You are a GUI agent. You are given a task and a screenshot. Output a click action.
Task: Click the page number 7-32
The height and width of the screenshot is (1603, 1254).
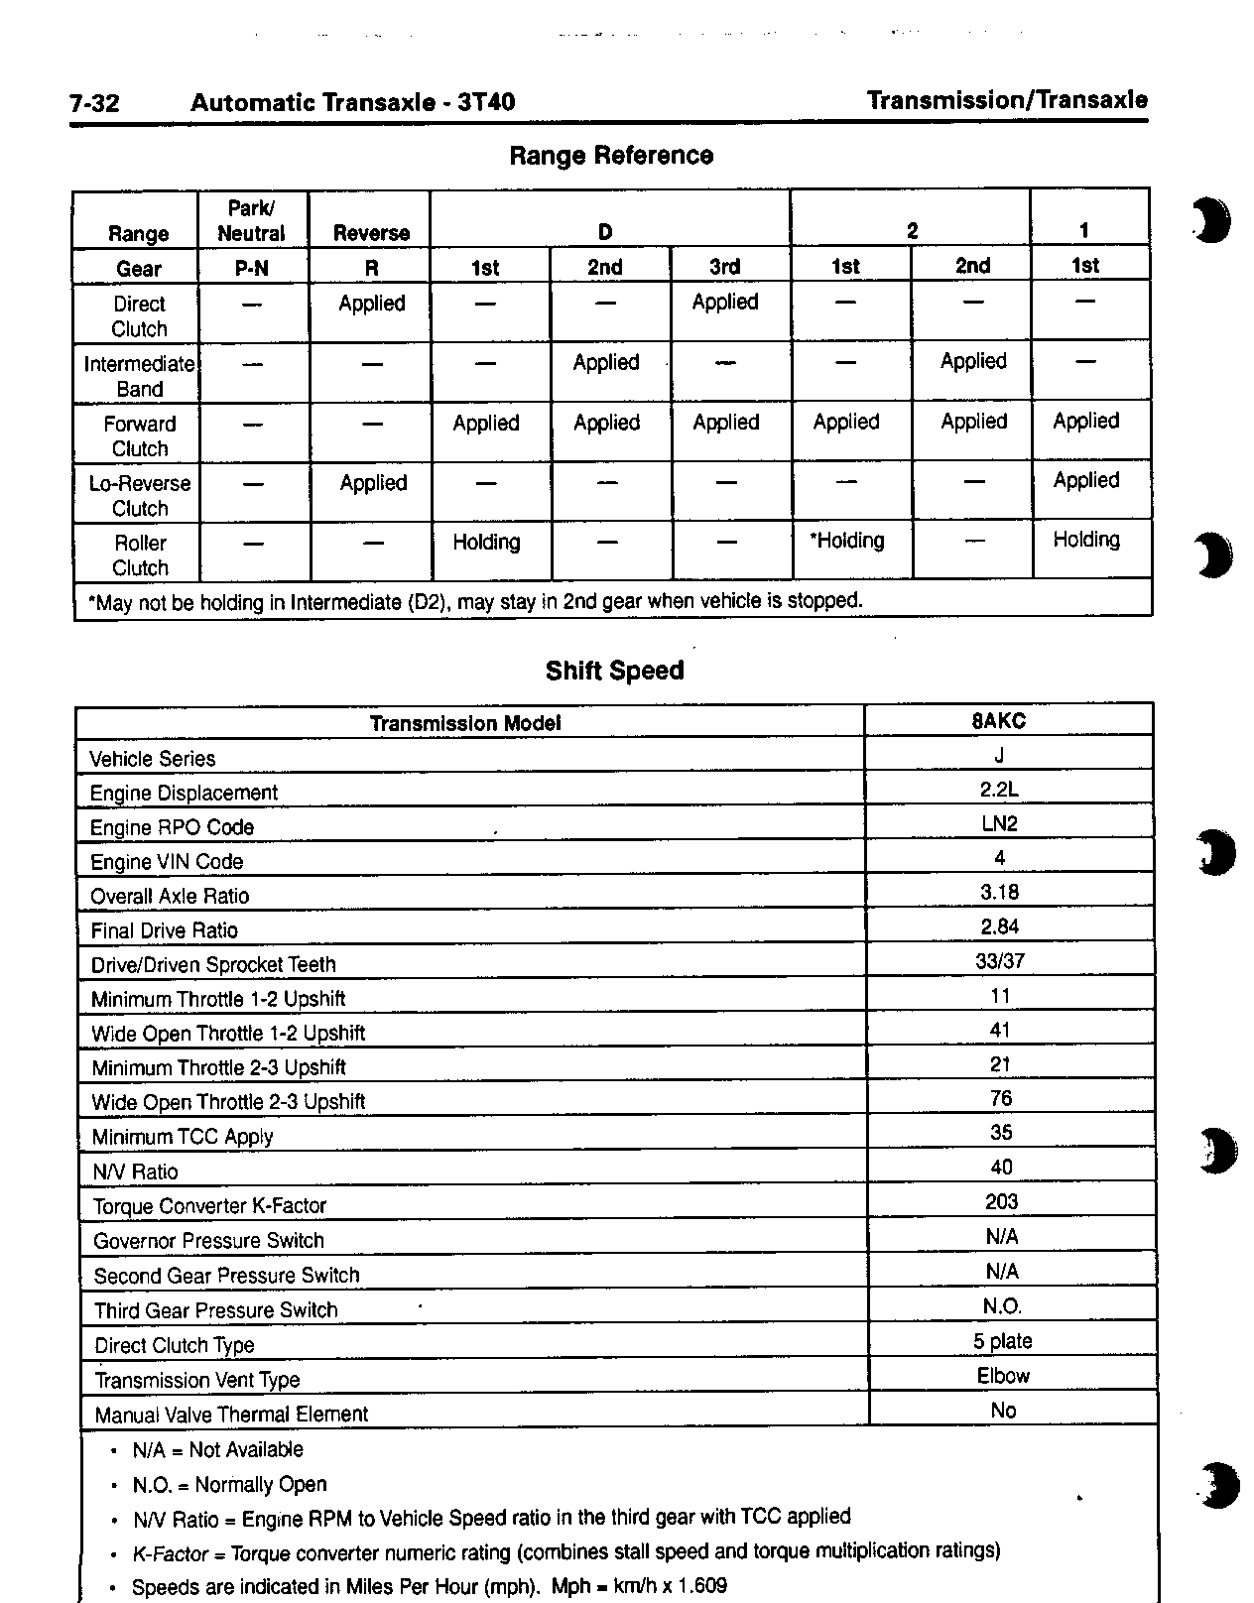pyautogui.click(x=95, y=103)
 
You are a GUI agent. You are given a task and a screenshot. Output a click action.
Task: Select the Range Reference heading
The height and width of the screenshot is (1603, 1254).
pyautogui.click(x=611, y=156)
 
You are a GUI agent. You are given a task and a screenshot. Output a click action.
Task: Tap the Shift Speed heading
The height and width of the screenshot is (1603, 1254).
pyautogui.click(x=614, y=671)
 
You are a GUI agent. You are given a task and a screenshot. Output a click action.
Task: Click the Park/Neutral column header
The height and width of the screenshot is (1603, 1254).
pyautogui.click(x=251, y=221)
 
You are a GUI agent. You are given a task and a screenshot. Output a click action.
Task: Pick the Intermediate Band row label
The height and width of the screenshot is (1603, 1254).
pyautogui.click(x=139, y=376)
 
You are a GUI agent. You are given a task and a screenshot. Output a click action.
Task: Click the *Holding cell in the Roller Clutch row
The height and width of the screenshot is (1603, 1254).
pyautogui.click(x=847, y=541)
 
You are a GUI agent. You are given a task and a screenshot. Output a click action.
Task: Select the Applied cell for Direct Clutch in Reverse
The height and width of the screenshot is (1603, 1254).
pyautogui.click(x=372, y=304)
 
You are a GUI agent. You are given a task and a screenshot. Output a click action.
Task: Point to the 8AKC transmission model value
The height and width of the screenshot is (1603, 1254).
pyautogui.click(x=999, y=721)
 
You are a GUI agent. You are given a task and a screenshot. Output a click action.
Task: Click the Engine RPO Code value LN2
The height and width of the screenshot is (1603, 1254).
pyautogui.click(x=999, y=823)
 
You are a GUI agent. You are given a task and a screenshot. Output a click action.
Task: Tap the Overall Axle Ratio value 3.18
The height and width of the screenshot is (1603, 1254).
pyautogui.click(x=999, y=892)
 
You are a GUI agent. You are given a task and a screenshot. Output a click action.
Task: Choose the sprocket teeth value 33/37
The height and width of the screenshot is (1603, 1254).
pyautogui.click(x=1000, y=960)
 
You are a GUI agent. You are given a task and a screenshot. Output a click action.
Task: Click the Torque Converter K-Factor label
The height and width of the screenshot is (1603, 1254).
pyautogui.click(x=209, y=1206)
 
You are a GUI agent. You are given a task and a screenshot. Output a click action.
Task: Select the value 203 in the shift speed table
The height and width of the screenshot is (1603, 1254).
pyautogui.click(x=1001, y=1202)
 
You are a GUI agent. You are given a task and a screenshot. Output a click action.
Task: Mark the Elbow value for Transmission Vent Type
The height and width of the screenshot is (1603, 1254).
pyautogui.click(x=1003, y=1376)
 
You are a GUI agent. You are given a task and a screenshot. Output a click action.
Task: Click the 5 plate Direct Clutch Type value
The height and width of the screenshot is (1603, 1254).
pyautogui.click(x=1002, y=1341)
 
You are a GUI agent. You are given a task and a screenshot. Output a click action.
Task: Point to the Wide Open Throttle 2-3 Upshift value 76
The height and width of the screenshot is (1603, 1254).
pyautogui.click(x=1001, y=1098)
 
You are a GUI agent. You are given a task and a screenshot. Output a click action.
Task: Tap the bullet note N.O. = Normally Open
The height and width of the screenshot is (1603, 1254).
pyautogui.click(x=229, y=1485)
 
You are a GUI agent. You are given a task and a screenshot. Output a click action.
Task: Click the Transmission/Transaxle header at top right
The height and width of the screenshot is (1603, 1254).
pyautogui.click(x=1007, y=100)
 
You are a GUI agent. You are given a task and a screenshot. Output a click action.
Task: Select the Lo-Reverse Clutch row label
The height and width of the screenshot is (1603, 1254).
pyautogui.click(x=140, y=495)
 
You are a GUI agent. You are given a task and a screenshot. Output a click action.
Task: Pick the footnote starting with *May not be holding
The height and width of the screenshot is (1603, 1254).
pyautogui.click(x=475, y=601)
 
